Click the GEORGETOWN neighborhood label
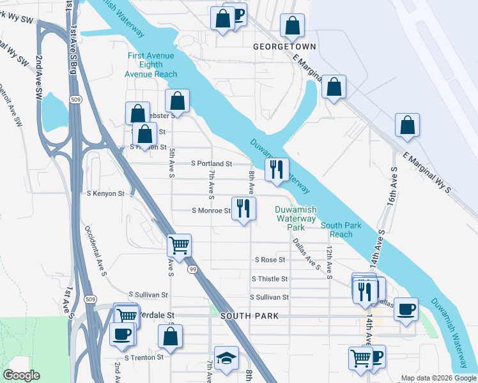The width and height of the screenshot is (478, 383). pos(284,47)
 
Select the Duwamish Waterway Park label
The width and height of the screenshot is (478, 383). pos(295,218)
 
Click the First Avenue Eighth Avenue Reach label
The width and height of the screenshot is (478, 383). pos(151,65)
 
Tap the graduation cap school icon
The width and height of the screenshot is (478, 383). pos(226,359)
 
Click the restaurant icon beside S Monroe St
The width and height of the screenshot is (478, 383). pos(243,209)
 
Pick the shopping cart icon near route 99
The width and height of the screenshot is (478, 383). pos(180,245)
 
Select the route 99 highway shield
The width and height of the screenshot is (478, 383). pos(192,271)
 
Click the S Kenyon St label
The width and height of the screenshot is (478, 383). pos(105,193)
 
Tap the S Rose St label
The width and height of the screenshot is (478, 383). pos(270,260)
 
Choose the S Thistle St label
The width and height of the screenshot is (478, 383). pos(270,279)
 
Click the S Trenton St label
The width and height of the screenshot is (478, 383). pos(144,357)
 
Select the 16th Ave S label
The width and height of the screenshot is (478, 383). pos(390,185)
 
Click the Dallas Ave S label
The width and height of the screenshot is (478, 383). pos(306,254)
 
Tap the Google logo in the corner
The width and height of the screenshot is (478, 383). pos(22,375)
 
